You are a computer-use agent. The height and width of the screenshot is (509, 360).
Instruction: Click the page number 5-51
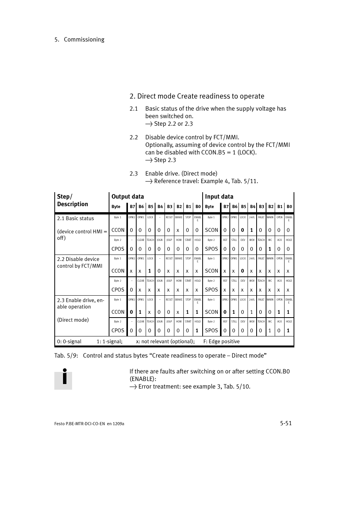pos(286,423)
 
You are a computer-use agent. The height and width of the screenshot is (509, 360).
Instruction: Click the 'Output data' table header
pos(128,196)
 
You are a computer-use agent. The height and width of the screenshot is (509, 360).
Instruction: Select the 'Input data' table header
pos(219,196)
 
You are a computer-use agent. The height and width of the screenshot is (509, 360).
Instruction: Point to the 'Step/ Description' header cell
pos(72,200)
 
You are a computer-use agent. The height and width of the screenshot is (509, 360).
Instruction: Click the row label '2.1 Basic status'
pos(75,218)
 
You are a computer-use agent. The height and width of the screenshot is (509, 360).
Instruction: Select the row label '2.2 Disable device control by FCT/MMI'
pos(80,262)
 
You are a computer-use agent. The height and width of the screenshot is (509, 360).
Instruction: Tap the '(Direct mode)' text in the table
pos(73,320)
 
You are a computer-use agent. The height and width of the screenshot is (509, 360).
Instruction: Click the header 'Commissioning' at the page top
pos(84,39)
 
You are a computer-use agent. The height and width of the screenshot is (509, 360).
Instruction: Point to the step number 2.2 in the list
pos(134,137)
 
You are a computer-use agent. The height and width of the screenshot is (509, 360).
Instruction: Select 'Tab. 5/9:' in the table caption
pos(66,355)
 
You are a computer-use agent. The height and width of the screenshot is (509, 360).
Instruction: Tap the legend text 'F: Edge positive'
pos(222,341)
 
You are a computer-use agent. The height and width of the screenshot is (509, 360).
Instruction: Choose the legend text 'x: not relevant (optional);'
pos(165,341)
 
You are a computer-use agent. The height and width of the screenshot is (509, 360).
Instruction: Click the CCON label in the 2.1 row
pos(118,230)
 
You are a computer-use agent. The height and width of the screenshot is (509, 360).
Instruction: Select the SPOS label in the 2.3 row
pos(211,330)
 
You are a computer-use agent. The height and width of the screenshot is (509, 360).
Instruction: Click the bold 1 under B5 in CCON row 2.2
pos(149,271)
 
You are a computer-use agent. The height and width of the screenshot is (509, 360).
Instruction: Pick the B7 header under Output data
pos(132,207)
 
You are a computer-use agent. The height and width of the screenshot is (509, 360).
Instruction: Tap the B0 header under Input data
pos(289,207)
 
